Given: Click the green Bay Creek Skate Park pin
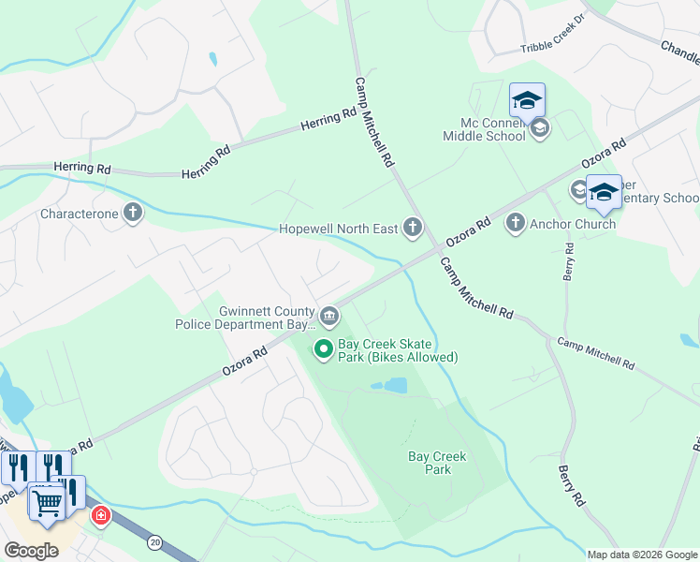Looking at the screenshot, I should coord(324,350).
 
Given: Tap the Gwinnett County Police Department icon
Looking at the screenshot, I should coord(328,315).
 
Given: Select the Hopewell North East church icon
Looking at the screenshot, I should coord(412,228).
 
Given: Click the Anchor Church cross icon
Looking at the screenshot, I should coord(515,223).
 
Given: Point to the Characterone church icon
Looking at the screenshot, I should coord(133,213).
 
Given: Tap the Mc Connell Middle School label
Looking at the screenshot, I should coord(485,129).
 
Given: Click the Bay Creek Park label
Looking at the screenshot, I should coord(437,463).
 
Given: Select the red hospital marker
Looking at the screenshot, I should coord(100,515).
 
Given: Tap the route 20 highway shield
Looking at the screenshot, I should coord(154,541).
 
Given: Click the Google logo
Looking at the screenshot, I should coord(31,551).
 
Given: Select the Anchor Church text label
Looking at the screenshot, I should coord(573,224).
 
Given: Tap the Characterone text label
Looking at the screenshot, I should coord(80,214).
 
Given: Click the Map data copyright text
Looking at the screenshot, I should coord(642,555).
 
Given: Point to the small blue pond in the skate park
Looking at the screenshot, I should coord(396,385).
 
